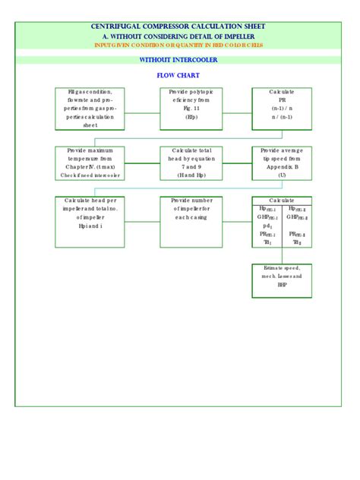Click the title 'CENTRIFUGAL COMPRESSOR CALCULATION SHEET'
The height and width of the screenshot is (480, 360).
click(x=179, y=27)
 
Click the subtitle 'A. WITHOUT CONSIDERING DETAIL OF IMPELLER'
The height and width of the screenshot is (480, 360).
click(x=179, y=36)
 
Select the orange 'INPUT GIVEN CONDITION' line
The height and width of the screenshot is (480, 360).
click(x=179, y=45)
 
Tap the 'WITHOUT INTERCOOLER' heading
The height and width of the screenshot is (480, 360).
click(x=179, y=59)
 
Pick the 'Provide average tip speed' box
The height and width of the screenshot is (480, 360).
click(x=282, y=163)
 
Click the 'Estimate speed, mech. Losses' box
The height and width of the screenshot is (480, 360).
click(x=282, y=279)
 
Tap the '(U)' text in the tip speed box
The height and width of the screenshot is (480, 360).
click(x=282, y=175)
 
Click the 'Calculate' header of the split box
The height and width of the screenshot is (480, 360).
click(x=282, y=201)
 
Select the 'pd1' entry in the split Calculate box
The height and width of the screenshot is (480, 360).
click(x=267, y=226)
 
